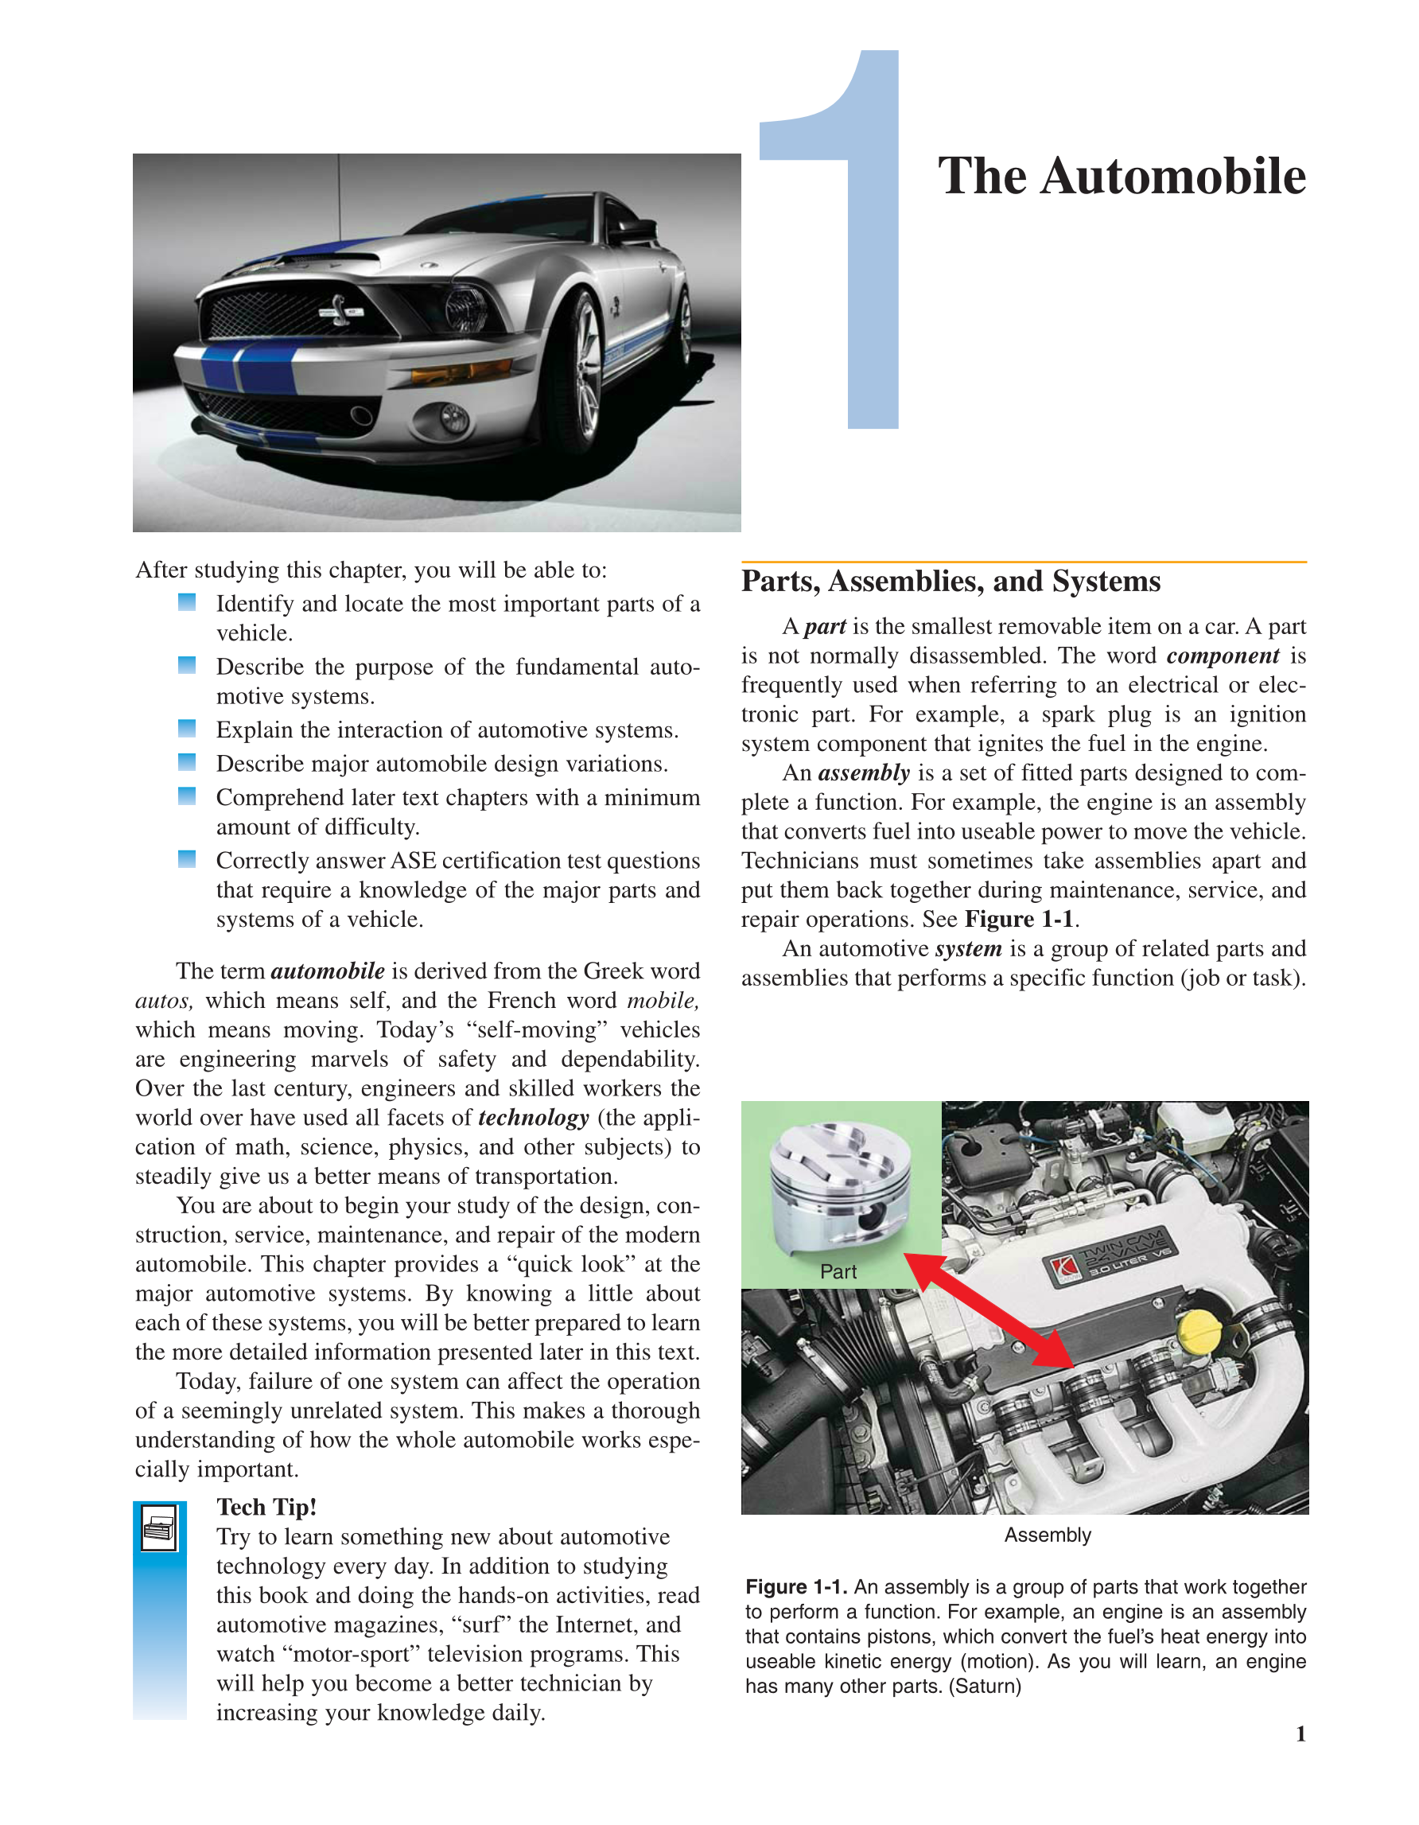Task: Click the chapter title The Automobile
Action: click(x=1121, y=177)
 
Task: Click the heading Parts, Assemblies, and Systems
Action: click(x=951, y=581)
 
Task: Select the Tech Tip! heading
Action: click(x=266, y=1507)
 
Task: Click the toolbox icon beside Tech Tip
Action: click(x=159, y=1527)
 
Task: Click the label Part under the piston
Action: click(x=838, y=1271)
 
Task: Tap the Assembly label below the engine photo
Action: click(x=1047, y=1535)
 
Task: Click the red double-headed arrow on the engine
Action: click(x=989, y=1309)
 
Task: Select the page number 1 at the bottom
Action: click(x=1300, y=1734)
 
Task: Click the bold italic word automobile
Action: click(x=328, y=971)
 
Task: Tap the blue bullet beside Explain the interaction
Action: click(x=187, y=729)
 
